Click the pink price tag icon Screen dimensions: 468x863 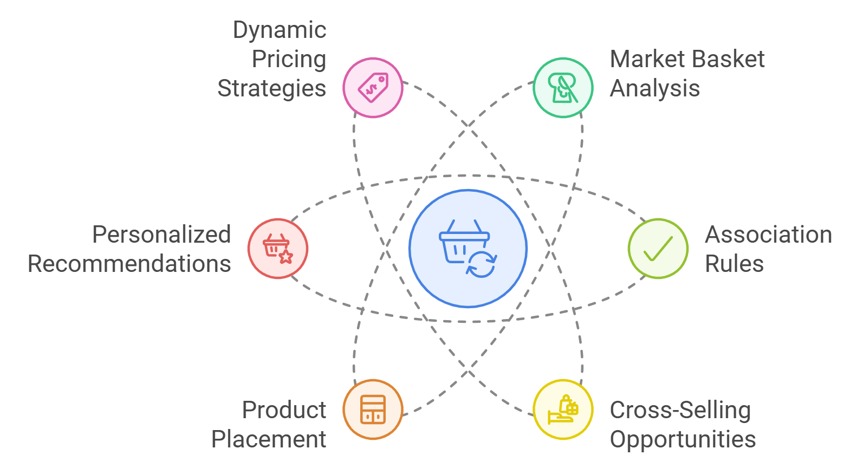coord(373,87)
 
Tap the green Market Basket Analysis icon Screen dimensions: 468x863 coord(563,87)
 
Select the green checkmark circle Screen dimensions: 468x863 coord(658,249)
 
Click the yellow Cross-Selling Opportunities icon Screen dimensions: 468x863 coord(563,409)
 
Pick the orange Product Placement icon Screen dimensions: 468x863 coord(373,409)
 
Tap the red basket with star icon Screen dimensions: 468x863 coord(278,249)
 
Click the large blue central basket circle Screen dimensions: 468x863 coord(468,249)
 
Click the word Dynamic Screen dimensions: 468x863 coord(280,30)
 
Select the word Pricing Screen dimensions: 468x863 coord(289,60)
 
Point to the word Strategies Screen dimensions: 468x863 coord(271,89)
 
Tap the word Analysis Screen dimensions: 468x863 coord(654,89)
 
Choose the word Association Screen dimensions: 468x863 coord(768,235)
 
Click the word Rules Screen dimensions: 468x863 coord(734,264)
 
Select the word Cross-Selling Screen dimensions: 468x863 coord(680,411)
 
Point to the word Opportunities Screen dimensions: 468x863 coord(683,440)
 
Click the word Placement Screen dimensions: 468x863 coord(269,439)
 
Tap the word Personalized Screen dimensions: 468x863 coord(161,235)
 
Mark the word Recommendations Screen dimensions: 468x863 coord(129,264)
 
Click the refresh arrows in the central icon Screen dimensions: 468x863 coord(481,264)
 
